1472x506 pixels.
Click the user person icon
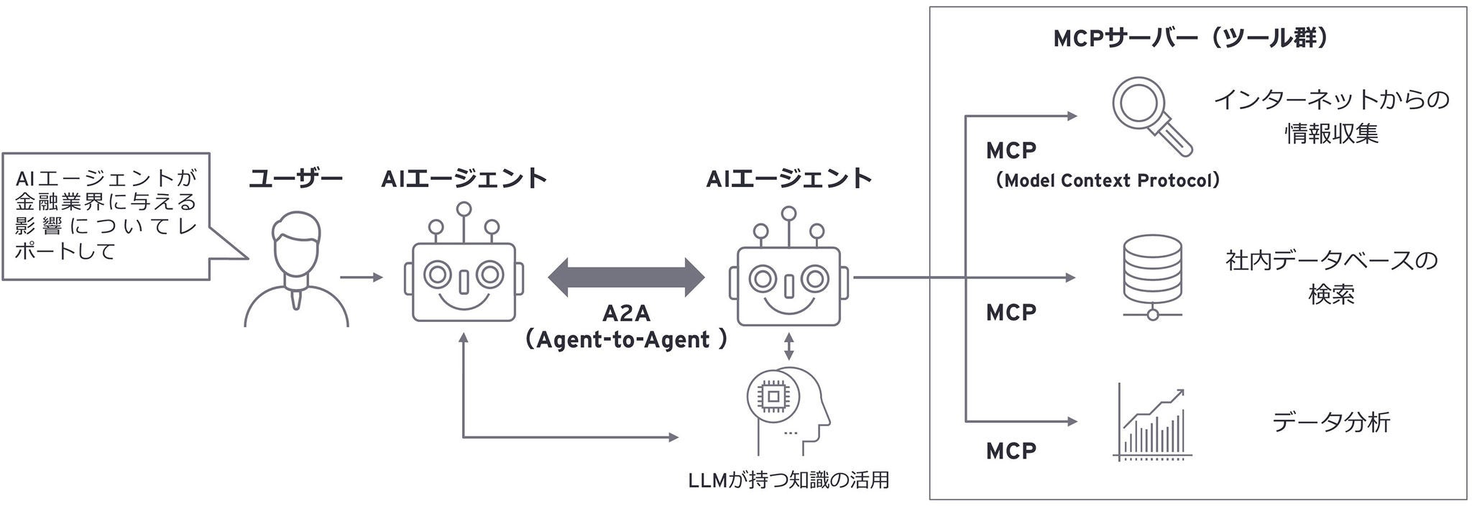pos(296,271)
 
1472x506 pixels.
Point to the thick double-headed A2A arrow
pos(626,277)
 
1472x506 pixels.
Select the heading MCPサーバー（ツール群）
pos(1190,37)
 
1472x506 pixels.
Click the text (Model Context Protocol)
pos(1108,180)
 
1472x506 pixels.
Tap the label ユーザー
pos(295,178)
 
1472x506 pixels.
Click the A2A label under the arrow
pos(626,313)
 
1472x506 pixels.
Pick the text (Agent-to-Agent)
pos(625,339)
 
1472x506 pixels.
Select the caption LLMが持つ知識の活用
pos(788,479)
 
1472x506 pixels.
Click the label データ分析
pos(1330,422)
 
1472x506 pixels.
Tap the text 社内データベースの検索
pos(1331,277)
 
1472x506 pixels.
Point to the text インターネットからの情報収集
pos(1331,116)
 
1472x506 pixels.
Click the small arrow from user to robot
pos(361,277)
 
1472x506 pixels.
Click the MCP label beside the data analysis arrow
pos(1011,451)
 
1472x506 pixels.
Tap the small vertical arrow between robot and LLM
pos(789,346)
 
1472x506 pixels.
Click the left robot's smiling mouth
pos(464,300)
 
